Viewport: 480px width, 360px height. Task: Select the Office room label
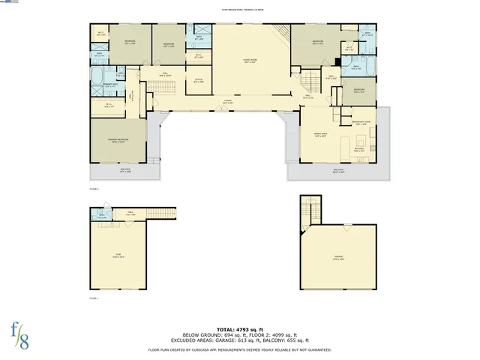(198, 80)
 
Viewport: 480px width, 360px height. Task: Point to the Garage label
(339, 257)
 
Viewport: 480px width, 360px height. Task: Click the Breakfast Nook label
(362, 123)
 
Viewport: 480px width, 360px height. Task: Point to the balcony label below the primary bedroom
(126, 170)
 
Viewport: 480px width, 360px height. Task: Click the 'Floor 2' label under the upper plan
(94, 189)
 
